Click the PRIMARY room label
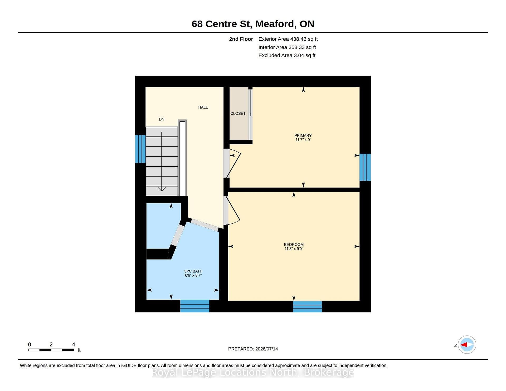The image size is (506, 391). [303, 135]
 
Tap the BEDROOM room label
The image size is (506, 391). [294, 245]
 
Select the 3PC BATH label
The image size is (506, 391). [193, 271]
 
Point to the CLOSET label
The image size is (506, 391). [238, 114]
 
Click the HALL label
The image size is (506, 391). [203, 107]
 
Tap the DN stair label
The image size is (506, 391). [162, 119]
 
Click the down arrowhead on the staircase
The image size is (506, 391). [162, 189]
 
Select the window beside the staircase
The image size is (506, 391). [140, 149]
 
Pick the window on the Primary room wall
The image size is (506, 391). [365, 167]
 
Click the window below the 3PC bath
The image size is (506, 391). [195, 306]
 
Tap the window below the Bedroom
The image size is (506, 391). [307, 307]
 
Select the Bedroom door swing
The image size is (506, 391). [233, 211]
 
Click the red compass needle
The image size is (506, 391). [464, 345]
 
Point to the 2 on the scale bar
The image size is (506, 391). [51, 344]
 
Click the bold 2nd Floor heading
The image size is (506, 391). [241, 39]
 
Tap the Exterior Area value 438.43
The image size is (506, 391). [298, 39]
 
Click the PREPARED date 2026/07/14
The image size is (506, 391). [266, 349]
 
